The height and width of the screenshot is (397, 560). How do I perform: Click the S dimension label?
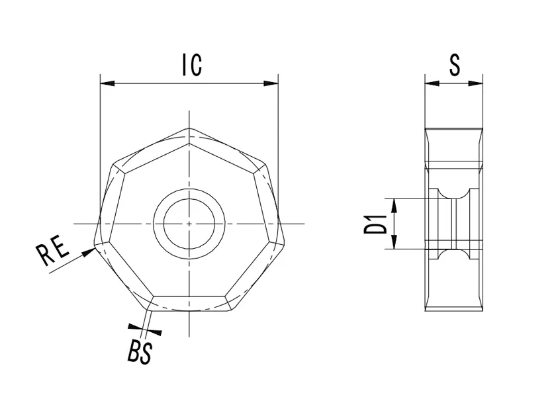coord(454,66)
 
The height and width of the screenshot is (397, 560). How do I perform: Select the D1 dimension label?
coord(376,224)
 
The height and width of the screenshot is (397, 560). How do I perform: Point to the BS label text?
coord(139,352)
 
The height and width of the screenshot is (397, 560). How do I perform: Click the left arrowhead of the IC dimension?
coord(106,84)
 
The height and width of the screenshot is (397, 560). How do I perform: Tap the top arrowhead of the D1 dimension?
coord(395,203)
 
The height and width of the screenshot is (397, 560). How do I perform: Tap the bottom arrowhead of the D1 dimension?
coord(395,244)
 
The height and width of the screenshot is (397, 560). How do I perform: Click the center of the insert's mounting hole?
coord(189,224)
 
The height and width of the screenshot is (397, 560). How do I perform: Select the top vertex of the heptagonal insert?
coord(190,128)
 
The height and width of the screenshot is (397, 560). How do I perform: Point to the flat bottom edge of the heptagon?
coord(190,311)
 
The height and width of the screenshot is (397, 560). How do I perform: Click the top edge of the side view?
coord(453,128)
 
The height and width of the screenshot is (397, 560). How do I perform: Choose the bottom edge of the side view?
coord(453,311)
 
